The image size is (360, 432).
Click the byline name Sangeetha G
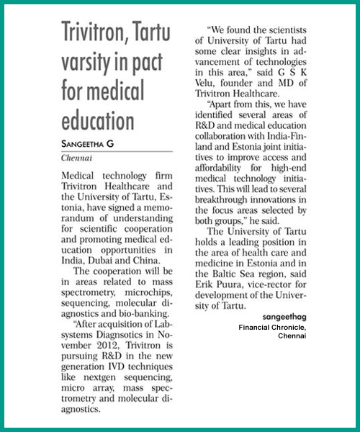[x=90, y=143]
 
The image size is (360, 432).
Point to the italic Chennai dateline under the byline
[x=76, y=157]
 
